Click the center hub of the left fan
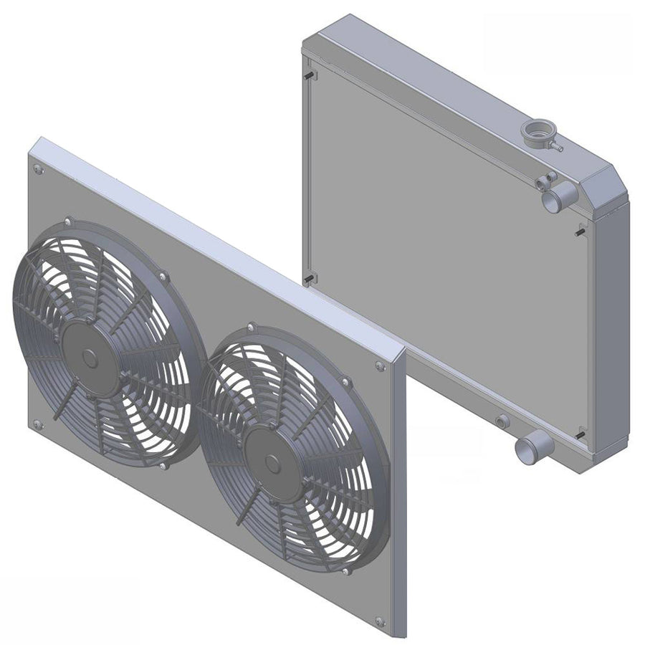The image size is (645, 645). tap(90, 358)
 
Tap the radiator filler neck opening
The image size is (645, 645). tap(534, 131)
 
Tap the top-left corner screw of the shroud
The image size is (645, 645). tap(37, 170)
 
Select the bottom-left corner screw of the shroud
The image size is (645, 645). tap(37, 425)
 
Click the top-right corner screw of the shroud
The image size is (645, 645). tap(380, 366)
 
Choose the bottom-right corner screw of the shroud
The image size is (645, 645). tap(380, 621)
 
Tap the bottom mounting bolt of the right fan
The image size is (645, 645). tap(346, 572)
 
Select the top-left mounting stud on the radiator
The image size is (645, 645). tap(310, 75)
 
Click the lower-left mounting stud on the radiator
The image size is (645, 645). tap(310, 278)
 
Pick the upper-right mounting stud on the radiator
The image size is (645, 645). tap(580, 231)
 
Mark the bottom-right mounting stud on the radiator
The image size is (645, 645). tap(580, 434)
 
